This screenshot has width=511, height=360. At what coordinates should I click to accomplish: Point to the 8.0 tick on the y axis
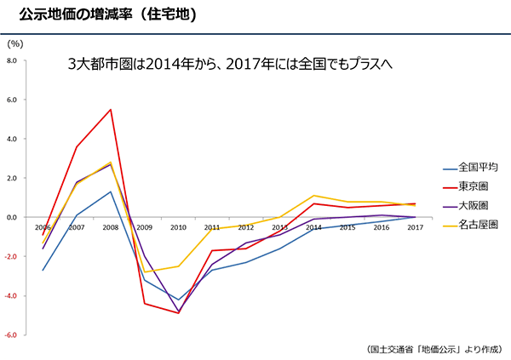(12, 61)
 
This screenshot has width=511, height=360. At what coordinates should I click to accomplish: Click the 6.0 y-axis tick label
(12, 100)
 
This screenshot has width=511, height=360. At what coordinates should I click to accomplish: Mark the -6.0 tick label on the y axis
(11, 335)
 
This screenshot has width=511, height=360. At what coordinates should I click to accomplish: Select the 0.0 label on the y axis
(12, 218)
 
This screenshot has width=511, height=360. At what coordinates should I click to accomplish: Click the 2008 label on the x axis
(111, 227)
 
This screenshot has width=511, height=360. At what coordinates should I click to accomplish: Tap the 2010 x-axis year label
(178, 227)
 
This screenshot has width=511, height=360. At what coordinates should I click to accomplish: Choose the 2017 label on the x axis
(415, 227)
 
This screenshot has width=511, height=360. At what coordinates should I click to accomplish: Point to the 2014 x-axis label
(313, 227)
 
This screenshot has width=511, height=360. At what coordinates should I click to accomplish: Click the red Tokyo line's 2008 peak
(111, 110)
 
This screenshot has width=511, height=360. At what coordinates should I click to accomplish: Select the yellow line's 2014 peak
(313, 196)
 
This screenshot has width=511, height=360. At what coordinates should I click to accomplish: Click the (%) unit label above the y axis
(14, 43)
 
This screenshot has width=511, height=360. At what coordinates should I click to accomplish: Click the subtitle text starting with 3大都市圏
(229, 65)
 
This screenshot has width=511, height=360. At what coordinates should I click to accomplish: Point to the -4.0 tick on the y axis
(11, 296)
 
